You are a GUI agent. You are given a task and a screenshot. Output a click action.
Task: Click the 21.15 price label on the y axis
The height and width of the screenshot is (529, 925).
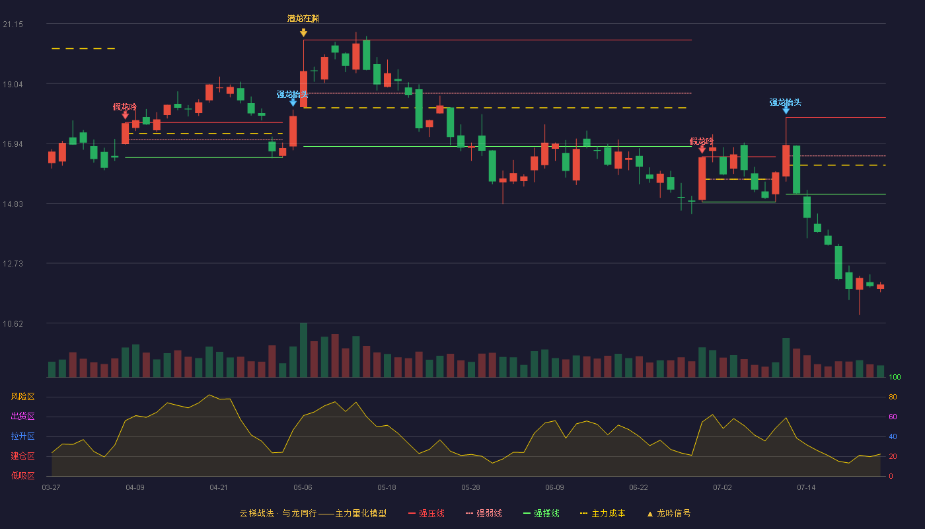click(13, 24)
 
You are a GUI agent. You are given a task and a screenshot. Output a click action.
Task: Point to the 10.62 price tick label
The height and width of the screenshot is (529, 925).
click(13, 323)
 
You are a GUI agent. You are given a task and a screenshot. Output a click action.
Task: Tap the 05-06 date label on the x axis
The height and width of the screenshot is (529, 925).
click(303, 488)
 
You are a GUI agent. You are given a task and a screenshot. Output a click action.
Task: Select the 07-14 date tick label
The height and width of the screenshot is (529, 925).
click(806, 488)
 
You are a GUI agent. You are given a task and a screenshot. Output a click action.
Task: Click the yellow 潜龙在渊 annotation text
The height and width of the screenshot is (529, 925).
click(303, 19)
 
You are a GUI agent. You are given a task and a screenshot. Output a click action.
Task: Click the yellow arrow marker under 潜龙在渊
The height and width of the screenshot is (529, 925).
click(303, 32)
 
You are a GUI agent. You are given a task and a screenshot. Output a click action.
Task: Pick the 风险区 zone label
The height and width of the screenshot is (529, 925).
click(22, 397)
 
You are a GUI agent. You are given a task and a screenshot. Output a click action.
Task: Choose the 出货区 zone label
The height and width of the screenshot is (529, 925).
click(22, 416)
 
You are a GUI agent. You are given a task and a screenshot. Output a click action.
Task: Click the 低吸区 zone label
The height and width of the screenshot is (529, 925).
click(22, 475)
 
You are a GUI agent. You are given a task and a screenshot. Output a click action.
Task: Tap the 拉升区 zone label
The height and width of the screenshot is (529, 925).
click(22, 436)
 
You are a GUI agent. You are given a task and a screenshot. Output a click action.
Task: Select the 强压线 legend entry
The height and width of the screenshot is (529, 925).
click(426, 513)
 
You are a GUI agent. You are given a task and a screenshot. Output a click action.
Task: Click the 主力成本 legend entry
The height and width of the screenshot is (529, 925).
click(603, 513)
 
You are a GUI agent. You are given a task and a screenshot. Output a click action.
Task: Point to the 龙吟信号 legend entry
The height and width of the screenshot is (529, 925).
click(669, 513)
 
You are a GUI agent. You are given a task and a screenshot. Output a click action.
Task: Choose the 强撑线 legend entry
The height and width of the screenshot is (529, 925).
click(541, 513)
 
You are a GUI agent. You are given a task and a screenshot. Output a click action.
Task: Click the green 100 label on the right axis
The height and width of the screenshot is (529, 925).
click(895, 377)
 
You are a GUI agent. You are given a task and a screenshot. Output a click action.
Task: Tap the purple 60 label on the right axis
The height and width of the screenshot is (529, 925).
click(893, 417)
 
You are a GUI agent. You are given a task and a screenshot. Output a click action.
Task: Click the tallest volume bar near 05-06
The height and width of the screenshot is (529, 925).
click(303, 350)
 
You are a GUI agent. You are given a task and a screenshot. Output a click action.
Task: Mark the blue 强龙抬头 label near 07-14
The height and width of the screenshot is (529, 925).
click(785, 102)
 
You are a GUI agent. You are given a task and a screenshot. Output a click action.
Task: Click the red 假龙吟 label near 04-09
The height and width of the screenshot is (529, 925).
click(125, 107)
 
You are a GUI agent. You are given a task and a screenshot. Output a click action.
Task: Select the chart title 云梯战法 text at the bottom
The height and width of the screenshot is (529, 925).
click(256, 513)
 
